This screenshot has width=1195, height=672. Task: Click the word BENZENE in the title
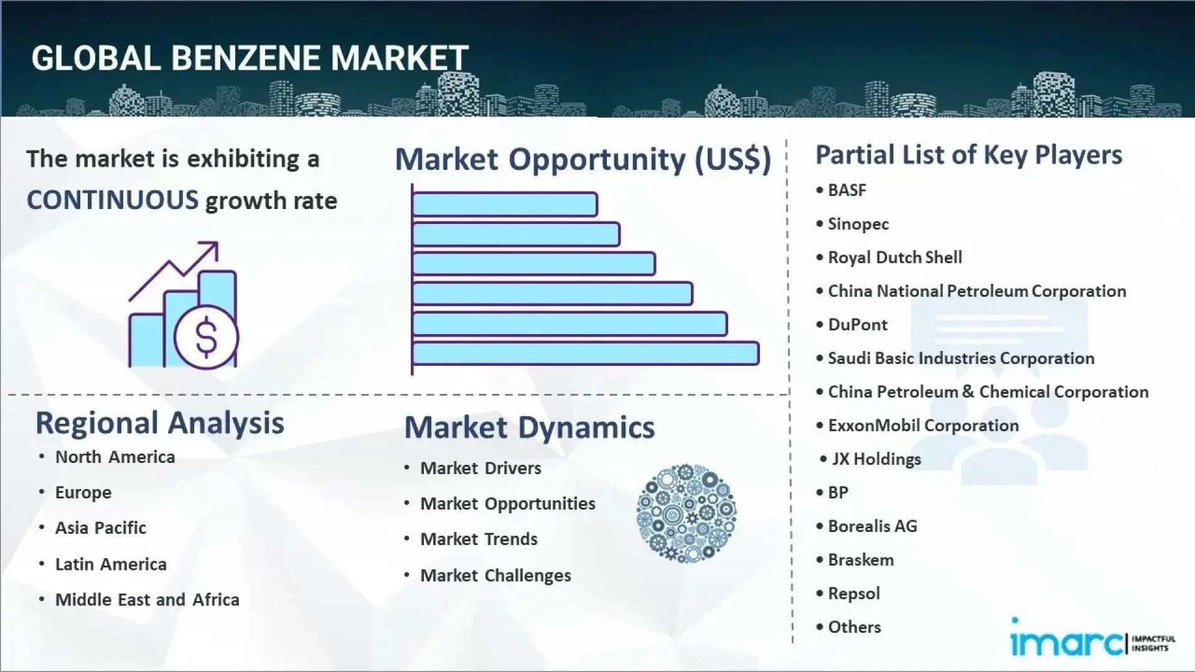coord(246,58)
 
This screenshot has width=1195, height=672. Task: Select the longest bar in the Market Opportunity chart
coord(585,353)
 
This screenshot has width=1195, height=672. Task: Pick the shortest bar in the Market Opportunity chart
coord(504,204)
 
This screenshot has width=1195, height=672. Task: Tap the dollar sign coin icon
coord(206,337)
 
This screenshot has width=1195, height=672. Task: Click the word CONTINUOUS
coord(113,200)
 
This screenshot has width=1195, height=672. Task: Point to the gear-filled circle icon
coord(686,513)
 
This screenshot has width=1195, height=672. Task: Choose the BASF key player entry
coord(846,190)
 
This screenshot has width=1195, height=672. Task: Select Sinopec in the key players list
coord(858,224)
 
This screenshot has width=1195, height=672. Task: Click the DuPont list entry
coord(857,325)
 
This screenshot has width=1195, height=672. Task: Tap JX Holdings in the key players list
coord(876,459)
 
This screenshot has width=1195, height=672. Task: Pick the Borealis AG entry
coord(872,526)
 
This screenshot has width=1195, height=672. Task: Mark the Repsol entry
coord(853,594)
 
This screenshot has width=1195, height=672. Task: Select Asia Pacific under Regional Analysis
coord(100,528)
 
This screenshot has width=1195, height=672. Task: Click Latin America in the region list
coord(111,564)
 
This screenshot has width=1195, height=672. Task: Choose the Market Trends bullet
coord(479,539)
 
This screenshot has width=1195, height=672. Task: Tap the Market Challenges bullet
coord(495,576)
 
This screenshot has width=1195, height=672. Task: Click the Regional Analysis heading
coord(160,423)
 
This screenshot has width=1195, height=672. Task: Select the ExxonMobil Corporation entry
coord(923,426)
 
